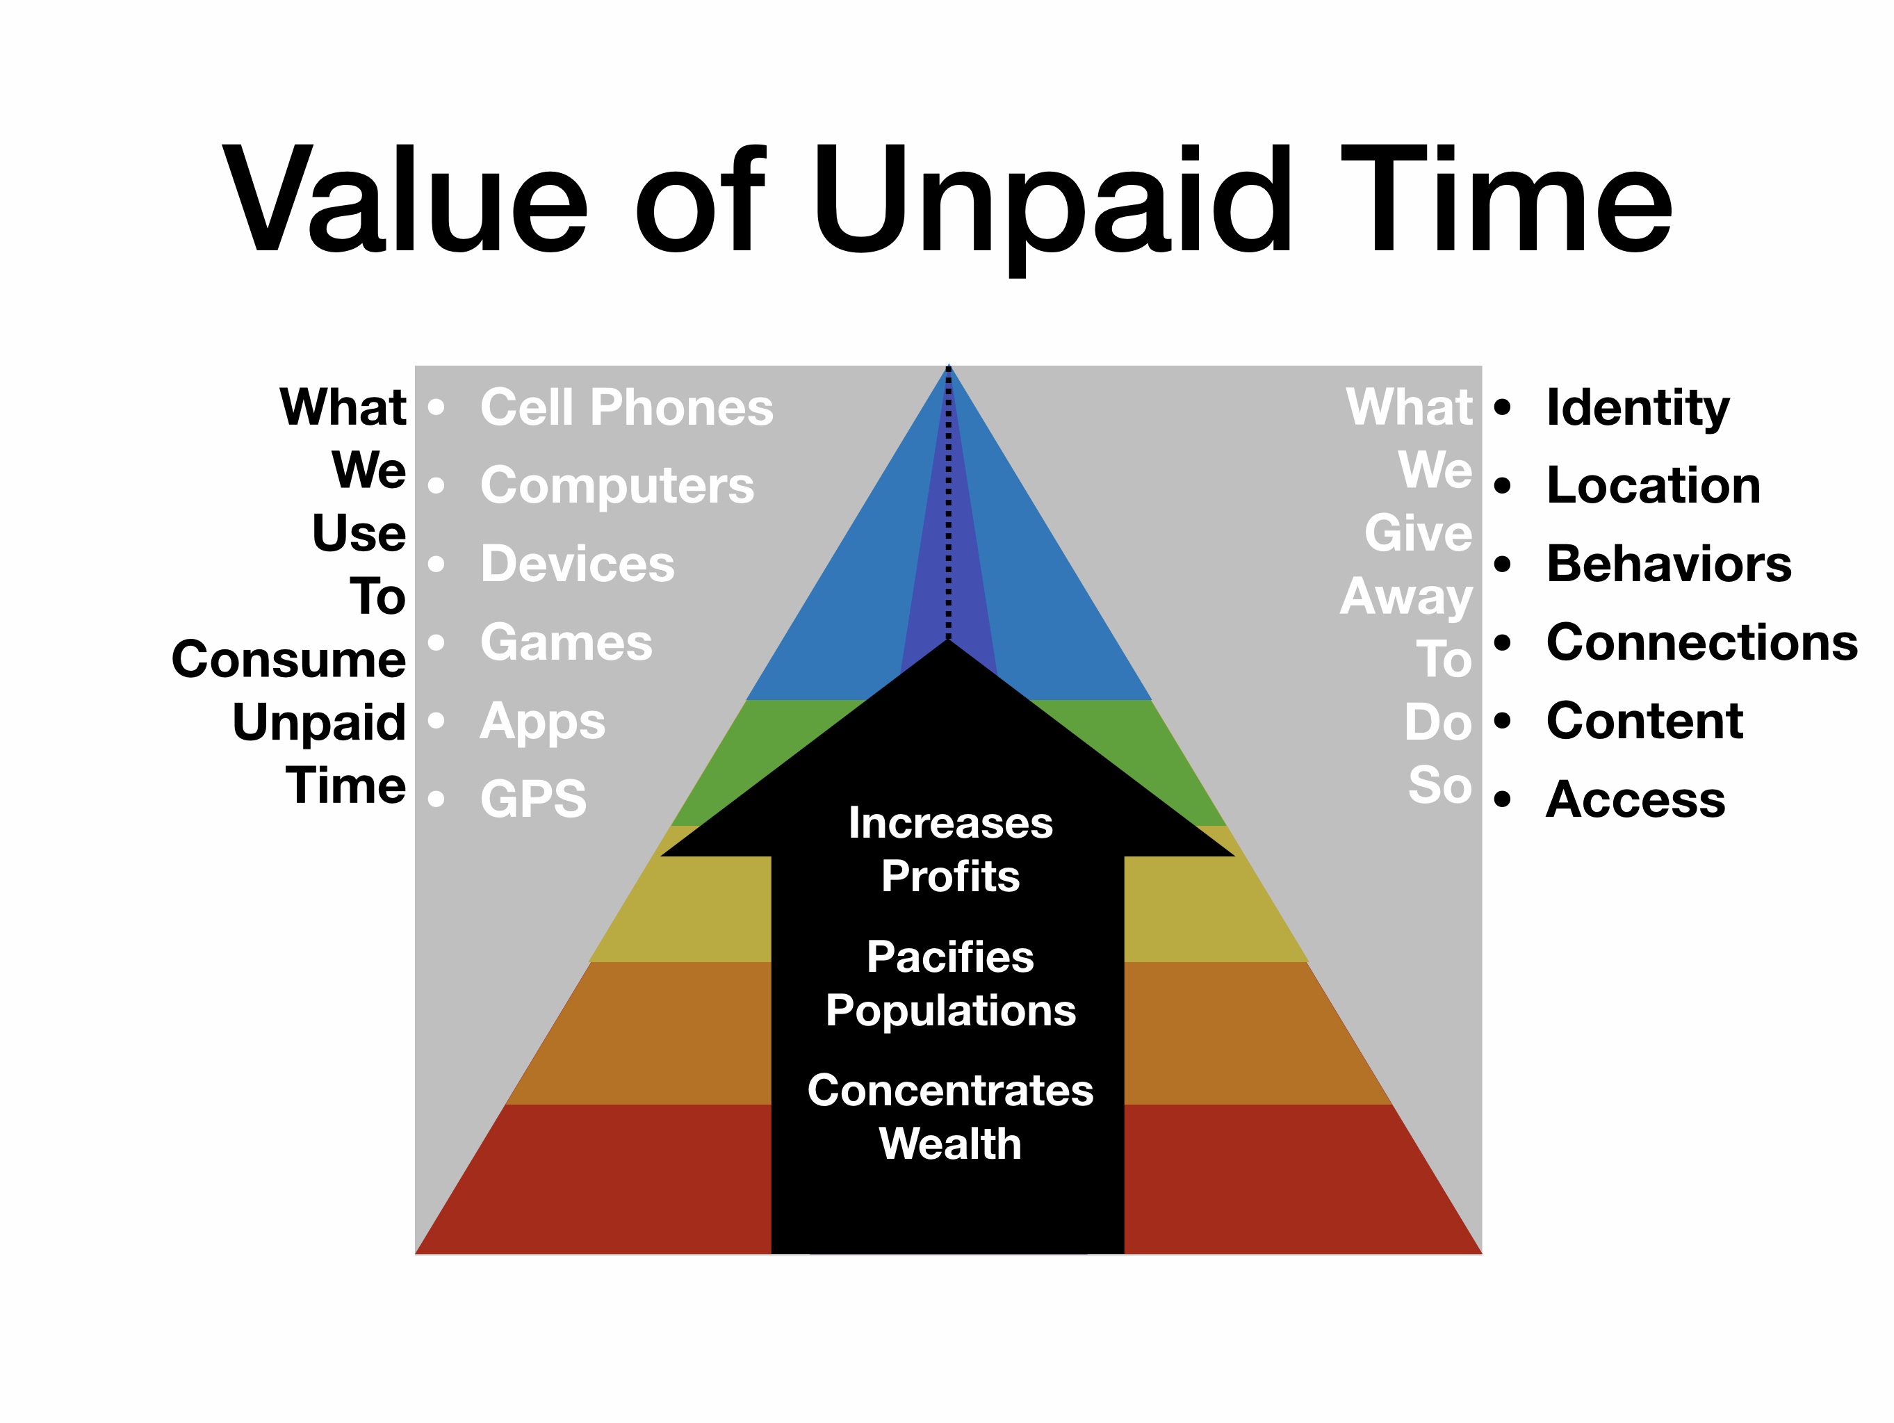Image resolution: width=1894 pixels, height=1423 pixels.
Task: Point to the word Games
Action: tap(566, 642)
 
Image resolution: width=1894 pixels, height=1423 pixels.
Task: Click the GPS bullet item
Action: tap(532, 799)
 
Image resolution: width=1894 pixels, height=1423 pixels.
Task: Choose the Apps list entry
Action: tap(542, 722)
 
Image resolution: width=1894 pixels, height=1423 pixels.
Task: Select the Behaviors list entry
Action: tap(1668, 564)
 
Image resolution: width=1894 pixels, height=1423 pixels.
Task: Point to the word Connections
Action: tap(1701, 642)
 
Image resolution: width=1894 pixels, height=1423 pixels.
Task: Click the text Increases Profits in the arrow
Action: tap(949, 849)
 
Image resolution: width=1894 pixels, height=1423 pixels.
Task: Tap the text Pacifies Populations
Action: tap(949, 983)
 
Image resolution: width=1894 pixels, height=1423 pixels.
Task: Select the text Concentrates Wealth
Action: tap(949, 1116)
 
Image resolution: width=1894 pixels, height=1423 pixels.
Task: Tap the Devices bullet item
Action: tap(577, 564)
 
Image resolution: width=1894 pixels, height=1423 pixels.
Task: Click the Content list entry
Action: tap(1644, 721)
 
